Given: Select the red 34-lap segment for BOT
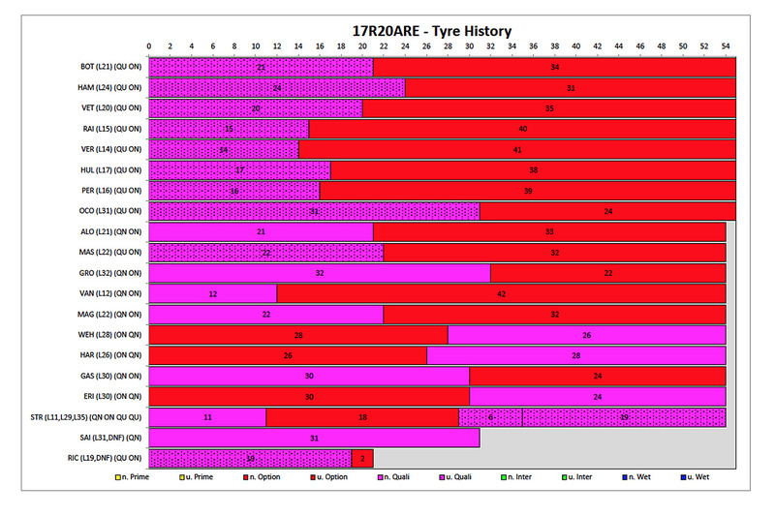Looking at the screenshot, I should click(554, 68).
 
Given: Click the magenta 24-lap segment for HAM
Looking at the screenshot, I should click(276, 88).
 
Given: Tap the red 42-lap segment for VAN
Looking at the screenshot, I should click(501, 293).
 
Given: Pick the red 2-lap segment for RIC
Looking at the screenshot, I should click(362, 458).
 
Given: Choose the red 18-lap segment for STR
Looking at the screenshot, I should click(362, 416).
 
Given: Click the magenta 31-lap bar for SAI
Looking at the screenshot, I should click(314, 438).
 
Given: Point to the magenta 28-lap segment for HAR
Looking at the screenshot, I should click(575, 355).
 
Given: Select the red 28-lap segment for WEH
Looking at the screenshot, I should click(298, 335).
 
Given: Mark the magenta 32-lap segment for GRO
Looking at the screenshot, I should click(320, 273).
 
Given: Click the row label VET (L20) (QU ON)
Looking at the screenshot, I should click(110, 108).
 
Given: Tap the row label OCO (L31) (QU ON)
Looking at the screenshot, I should click(110, 211).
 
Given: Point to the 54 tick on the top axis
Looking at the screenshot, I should click(726, 46).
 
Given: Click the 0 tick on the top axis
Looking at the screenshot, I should click(149, 46).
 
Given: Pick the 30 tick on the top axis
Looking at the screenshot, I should click(469, 46).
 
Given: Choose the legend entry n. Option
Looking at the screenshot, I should click(263, 476).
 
